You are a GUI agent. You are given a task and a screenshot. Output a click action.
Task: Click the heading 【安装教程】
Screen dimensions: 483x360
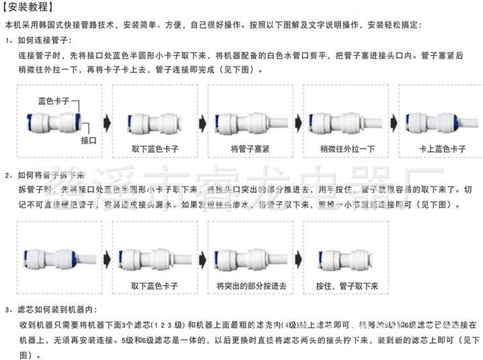pyautogui.click(x=25, y=9)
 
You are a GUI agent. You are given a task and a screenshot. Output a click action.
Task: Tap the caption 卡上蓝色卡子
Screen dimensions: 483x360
pyautogui.click(x=442, y=148)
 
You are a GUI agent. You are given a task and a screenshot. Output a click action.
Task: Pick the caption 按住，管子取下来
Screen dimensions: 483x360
pyautogui.click(x=346, y=285)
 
